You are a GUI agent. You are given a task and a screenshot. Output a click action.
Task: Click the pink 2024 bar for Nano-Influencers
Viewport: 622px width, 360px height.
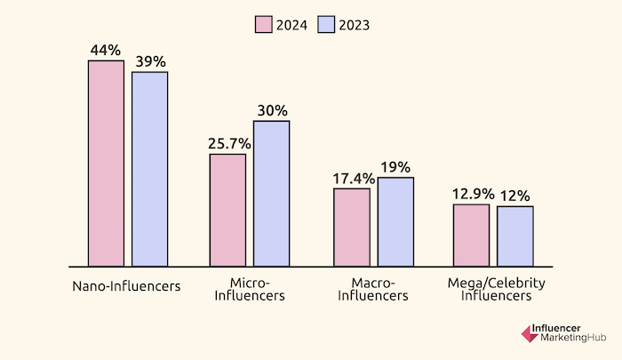pyautogui.click(x=106, y=164)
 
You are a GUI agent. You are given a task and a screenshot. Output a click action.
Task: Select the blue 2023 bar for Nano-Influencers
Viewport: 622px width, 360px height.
pyautogui.click(x=149, y=169)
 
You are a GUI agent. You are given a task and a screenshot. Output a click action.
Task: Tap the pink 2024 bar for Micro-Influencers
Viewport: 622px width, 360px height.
pyautogui.click(x=227, y=210)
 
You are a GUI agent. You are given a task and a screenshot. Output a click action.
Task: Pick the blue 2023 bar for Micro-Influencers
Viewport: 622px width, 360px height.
pyautogui.click(x=271, y=193)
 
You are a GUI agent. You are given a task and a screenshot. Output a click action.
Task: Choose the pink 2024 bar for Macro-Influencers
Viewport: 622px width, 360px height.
pyautogui.click(x=352, y=227)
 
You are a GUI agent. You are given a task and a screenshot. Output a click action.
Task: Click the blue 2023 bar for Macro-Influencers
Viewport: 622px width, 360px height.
pyautogui.click(x=395, y=221)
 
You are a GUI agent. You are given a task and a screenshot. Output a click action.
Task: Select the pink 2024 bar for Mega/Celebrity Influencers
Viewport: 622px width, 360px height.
pyautogui.click(x=471, y=235)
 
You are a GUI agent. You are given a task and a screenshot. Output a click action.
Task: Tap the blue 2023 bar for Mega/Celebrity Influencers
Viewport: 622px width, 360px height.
pyautogui.click(x=514, y=236)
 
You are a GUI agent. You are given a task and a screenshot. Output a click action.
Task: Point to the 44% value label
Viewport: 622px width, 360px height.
pyautogui.click(x=106, y=50)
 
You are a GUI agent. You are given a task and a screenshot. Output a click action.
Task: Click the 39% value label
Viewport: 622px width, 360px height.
pyautogui.click(x=149, y=60)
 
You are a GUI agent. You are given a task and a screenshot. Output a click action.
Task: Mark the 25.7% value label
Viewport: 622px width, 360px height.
pyautogui.click(x=227, y=143)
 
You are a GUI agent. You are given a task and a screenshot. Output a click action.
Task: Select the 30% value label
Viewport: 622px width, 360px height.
pyautogui.click(x=271, y=110)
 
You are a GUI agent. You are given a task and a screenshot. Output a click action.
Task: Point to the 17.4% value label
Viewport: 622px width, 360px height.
pyautogui.click(x=352, y=178)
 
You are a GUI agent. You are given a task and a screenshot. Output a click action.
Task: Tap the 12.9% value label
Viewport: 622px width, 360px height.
pyautogui.click(x=471, y=194)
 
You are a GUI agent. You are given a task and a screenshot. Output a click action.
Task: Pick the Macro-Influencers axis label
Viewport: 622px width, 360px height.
pyautogui.click(x=373, y=290)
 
